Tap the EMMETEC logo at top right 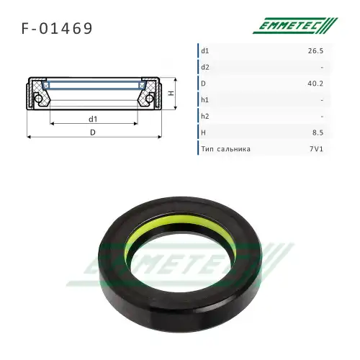pos(294,27)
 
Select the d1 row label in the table pos(205,50)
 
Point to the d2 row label pos(205,67)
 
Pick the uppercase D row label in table pos(204,84)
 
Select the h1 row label pos(205,100)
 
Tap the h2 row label pos(205,117)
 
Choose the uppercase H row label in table pos(204,133)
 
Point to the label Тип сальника pos(226,150)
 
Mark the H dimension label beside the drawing pos(171,94)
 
